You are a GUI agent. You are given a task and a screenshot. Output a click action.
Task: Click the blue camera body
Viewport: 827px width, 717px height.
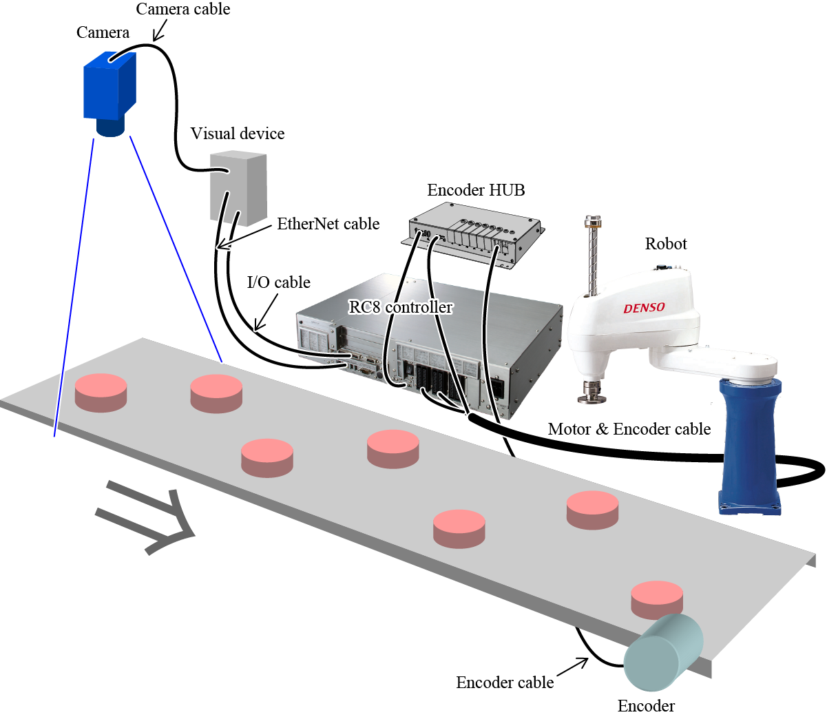(109, 88)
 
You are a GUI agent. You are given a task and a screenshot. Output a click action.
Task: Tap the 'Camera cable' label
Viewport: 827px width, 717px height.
(182, 9)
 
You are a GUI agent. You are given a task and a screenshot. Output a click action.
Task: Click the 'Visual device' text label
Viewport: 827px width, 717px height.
(238, 134)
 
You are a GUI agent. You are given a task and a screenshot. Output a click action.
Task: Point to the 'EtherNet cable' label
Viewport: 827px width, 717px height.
(328, 224)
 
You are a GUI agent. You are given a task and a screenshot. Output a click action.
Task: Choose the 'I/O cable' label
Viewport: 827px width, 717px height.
(278, 282)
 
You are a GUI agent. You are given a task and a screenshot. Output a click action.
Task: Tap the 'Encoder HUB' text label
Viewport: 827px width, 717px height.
(476, 190)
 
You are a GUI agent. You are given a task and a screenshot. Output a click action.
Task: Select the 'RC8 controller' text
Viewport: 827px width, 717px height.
(401, 307)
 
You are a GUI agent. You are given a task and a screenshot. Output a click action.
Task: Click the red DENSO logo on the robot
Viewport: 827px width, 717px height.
(645, 308)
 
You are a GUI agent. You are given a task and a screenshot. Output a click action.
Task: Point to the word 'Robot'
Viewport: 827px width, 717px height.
(666, 244)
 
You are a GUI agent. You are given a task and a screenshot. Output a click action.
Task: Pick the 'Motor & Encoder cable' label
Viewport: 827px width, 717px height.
(629, 429)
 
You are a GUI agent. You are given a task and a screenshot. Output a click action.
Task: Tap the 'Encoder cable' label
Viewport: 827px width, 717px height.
(505, 683)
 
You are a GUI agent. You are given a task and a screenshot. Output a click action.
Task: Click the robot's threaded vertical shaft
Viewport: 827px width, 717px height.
(590, 258)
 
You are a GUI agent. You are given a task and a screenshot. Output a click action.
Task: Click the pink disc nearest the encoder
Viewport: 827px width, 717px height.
(658, 598)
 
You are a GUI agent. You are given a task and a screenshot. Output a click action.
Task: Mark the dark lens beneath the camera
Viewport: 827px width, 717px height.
(110, 127)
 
